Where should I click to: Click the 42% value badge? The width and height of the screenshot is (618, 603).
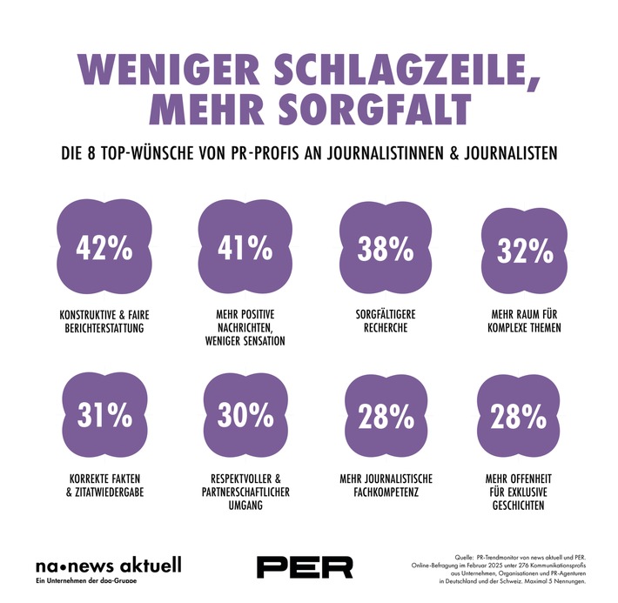point(104,249)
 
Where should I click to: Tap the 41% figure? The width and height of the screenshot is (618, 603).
point(245,249)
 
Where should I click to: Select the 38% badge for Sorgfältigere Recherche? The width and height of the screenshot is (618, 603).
point(386,251)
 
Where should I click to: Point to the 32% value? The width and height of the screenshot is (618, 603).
point(525,251)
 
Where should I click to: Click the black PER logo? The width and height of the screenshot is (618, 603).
point(305,566)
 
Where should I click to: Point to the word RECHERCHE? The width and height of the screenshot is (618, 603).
point(386,328)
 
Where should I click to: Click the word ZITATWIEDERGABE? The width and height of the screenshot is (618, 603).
point(110,492)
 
